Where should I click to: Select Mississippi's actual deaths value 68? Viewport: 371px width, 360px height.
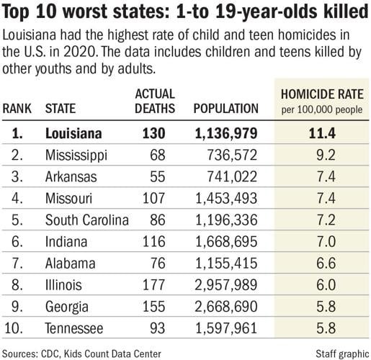(157, 154)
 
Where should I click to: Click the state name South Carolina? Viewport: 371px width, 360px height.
(86, 217)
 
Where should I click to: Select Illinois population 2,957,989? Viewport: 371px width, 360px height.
(225, 281)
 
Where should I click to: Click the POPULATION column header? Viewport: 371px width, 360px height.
(225, 109)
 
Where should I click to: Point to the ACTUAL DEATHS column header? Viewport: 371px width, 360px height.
(155, 102)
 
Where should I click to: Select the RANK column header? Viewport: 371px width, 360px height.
(20, 109)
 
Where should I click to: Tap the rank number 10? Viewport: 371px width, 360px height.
(19, 323)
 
